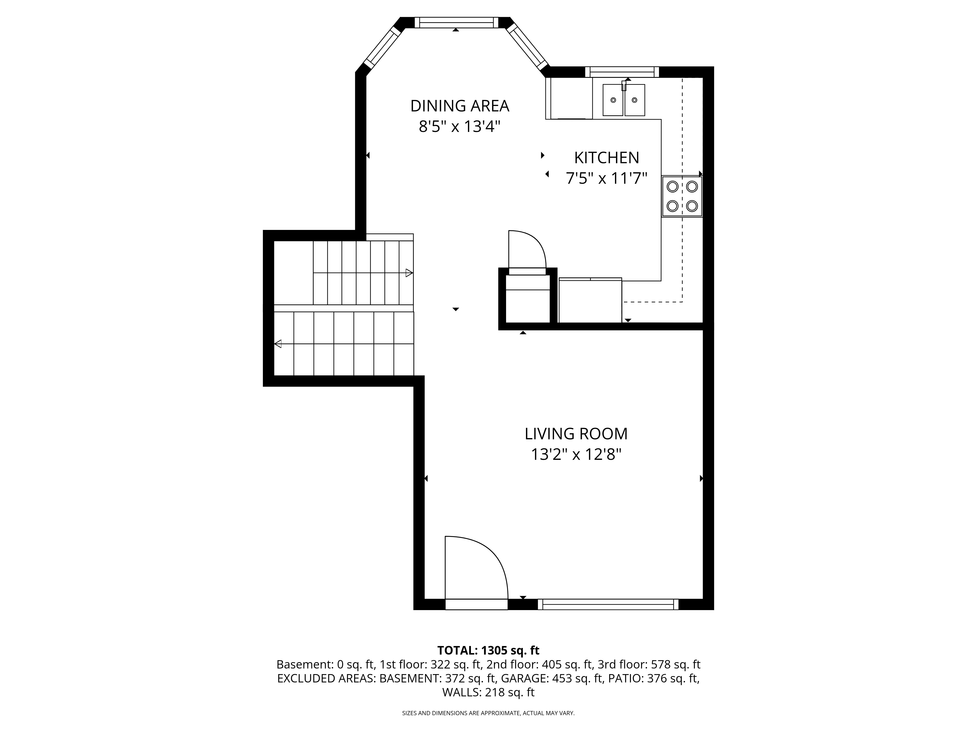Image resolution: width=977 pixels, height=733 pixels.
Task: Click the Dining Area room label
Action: [x=460, y=106]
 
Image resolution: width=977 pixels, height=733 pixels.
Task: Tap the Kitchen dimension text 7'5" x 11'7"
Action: [x=606, y=179]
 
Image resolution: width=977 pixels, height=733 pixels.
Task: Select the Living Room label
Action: [x=576, y=434]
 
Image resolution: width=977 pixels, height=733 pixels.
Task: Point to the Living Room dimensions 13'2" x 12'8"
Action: [x=576, y=454]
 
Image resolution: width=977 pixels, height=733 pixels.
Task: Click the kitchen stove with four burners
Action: [x=682, y=197]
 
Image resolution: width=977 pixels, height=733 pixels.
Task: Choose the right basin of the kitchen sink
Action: [x=635, y=100]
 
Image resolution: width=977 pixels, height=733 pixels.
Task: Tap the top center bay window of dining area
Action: [x=456, y=22]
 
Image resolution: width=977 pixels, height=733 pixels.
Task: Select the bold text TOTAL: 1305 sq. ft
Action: [x=488, y=650]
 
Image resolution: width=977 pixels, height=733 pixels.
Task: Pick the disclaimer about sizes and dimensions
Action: [x=488, y=713]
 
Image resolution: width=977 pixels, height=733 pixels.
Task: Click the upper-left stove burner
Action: [x=672, y=186]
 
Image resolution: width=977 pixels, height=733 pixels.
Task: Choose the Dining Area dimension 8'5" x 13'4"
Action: [x=460, y=127]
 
